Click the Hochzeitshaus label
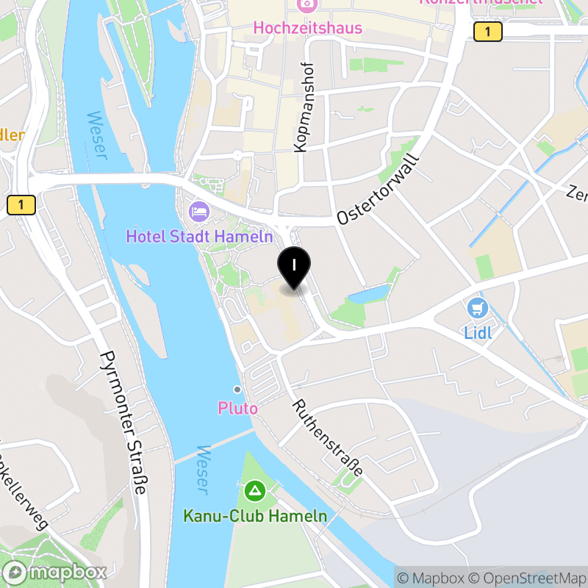[307, 28]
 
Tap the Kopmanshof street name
[300, 107]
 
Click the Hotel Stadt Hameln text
[199, 237]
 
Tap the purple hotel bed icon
[199, 212]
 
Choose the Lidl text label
[478, 332]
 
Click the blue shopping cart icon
[478, 308]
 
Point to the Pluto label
[237, 408]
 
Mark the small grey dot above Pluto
[237, 389]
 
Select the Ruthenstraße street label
[327, 438]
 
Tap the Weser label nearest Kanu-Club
[202, 469]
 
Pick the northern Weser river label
[96, 135]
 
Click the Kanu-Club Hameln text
[255, 516]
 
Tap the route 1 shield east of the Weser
[487, 32]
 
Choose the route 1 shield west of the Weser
[21, 205]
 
